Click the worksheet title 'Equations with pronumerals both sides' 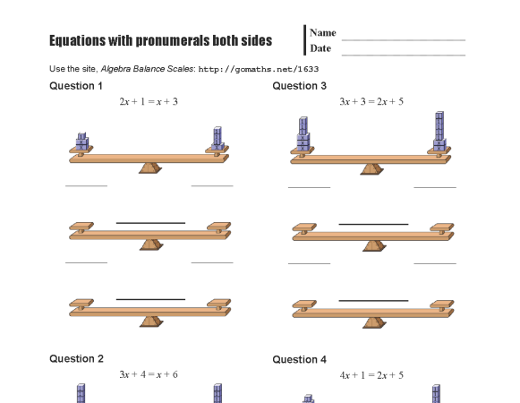160,42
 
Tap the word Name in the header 323,32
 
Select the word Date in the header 320,47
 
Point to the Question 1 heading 76,86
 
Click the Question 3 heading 300,86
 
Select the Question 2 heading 76,358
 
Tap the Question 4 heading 300,359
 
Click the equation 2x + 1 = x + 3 149,102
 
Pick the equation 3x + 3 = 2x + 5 371,102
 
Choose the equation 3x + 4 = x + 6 149,374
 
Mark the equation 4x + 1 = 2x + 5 371,374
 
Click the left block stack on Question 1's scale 82,141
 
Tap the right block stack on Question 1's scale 217,138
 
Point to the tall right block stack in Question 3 439,132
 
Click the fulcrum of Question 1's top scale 149,167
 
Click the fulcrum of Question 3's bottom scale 371,319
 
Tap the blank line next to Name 404,39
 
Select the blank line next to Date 404,55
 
